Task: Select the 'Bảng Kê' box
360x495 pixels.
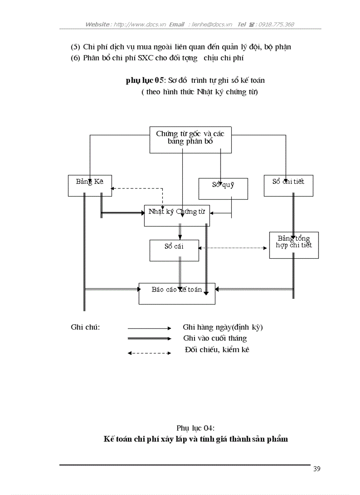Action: [90, 186]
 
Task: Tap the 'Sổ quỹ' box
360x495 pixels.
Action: [223, 189]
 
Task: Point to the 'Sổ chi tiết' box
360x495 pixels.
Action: [289, 186]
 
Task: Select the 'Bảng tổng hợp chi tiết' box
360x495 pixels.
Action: [294, 245]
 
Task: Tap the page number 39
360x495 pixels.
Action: [317, 469]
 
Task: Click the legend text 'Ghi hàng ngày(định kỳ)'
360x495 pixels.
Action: [223, 328]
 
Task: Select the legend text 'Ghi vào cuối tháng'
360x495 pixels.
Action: [215, 339]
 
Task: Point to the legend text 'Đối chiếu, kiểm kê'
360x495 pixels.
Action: [217, 350]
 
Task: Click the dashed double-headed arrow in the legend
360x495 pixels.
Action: [149, 353]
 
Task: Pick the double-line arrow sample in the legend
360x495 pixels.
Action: [149, 339]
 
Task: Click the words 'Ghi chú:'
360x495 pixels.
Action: [85, 328]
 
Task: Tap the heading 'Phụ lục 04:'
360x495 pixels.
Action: [195, 428]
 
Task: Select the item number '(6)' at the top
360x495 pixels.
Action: [75, 58]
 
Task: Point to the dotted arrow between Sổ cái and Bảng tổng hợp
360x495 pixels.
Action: [234, 248]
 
